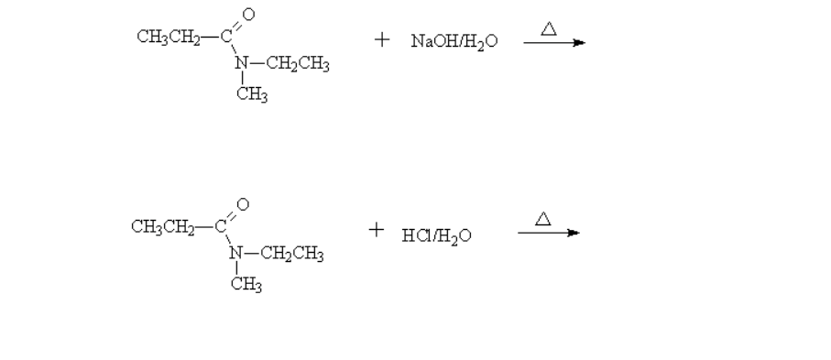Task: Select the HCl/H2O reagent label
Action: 436,236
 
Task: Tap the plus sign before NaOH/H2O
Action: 382,41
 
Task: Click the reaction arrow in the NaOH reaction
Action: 553,43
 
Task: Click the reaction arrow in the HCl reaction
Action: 548,233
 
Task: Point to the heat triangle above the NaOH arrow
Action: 549,28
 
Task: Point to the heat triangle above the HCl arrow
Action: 543,218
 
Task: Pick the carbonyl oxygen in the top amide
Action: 247,14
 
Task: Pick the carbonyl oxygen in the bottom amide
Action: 242,202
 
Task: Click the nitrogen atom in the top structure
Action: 242,63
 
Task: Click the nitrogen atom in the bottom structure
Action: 236,253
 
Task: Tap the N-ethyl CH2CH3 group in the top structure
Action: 298,64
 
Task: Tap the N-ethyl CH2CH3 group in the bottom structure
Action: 292,254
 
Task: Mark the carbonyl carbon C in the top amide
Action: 224,37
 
